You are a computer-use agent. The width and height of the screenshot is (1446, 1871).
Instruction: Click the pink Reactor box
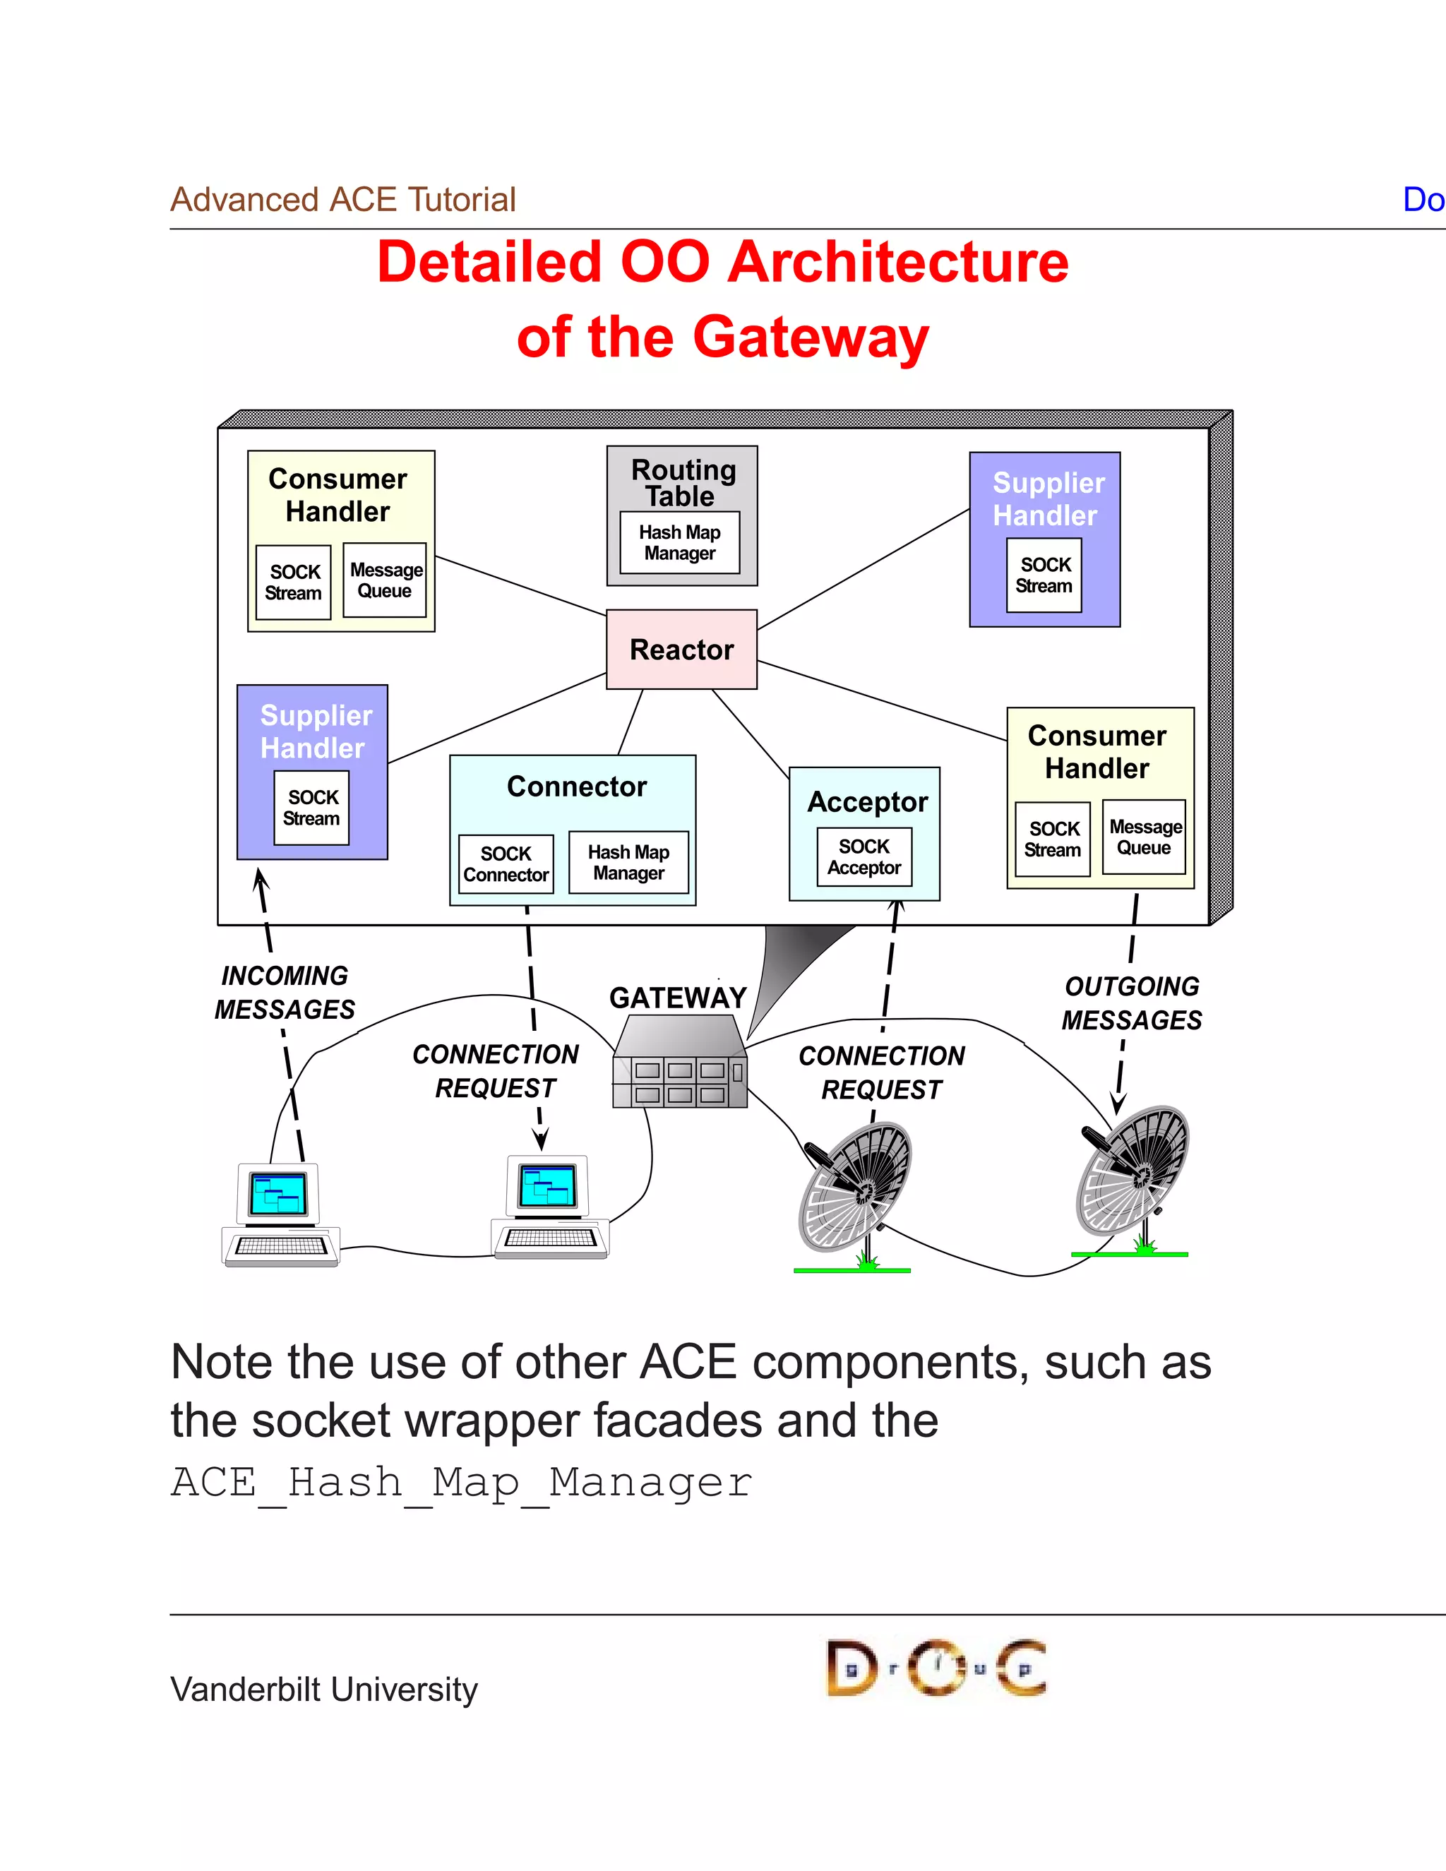click(x=681, y=650)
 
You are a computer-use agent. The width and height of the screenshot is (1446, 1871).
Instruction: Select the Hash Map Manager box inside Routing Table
click(x=679, y=542)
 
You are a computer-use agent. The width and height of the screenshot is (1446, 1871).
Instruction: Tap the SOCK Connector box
click(x=506, y=864)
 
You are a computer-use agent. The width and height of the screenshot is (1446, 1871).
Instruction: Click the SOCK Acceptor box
click(x=864, y=856)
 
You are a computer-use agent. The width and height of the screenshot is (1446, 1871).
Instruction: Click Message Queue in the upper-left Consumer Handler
click(x=385, y=580)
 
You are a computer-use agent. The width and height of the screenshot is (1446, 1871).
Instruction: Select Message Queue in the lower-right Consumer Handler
click(x=1144, y=837)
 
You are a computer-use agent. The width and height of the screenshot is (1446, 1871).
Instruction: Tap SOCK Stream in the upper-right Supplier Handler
click(x=1044, y=575)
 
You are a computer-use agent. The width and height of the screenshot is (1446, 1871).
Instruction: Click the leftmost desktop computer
click(x=280, y=1215)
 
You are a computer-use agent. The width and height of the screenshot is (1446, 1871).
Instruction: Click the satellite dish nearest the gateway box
click(x=854, y=1191)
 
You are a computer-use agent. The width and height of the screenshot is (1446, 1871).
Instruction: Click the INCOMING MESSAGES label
click(x=285, y=992)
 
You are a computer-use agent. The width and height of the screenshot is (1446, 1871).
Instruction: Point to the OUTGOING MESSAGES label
click(x=1131, y=1003)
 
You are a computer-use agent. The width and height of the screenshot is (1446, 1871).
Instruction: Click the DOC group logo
click(x=936, y=1668)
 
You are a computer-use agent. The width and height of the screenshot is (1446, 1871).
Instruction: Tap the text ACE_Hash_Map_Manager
click(x=461, y=1483)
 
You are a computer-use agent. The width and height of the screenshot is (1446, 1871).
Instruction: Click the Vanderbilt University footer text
click(x=324, y=1690)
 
